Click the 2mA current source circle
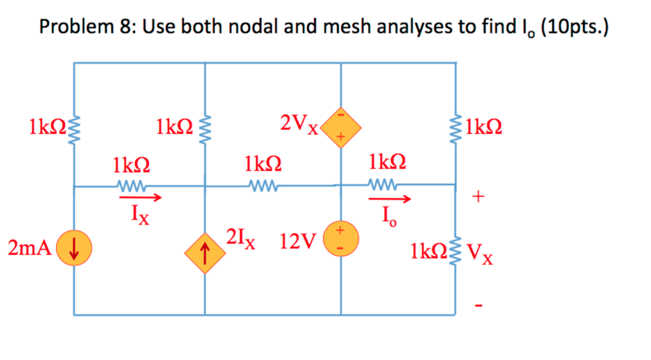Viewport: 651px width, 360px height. pos(73,247)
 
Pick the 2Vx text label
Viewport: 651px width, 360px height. pos(299,124)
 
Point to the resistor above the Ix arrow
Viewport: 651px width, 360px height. pos(131,186)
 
